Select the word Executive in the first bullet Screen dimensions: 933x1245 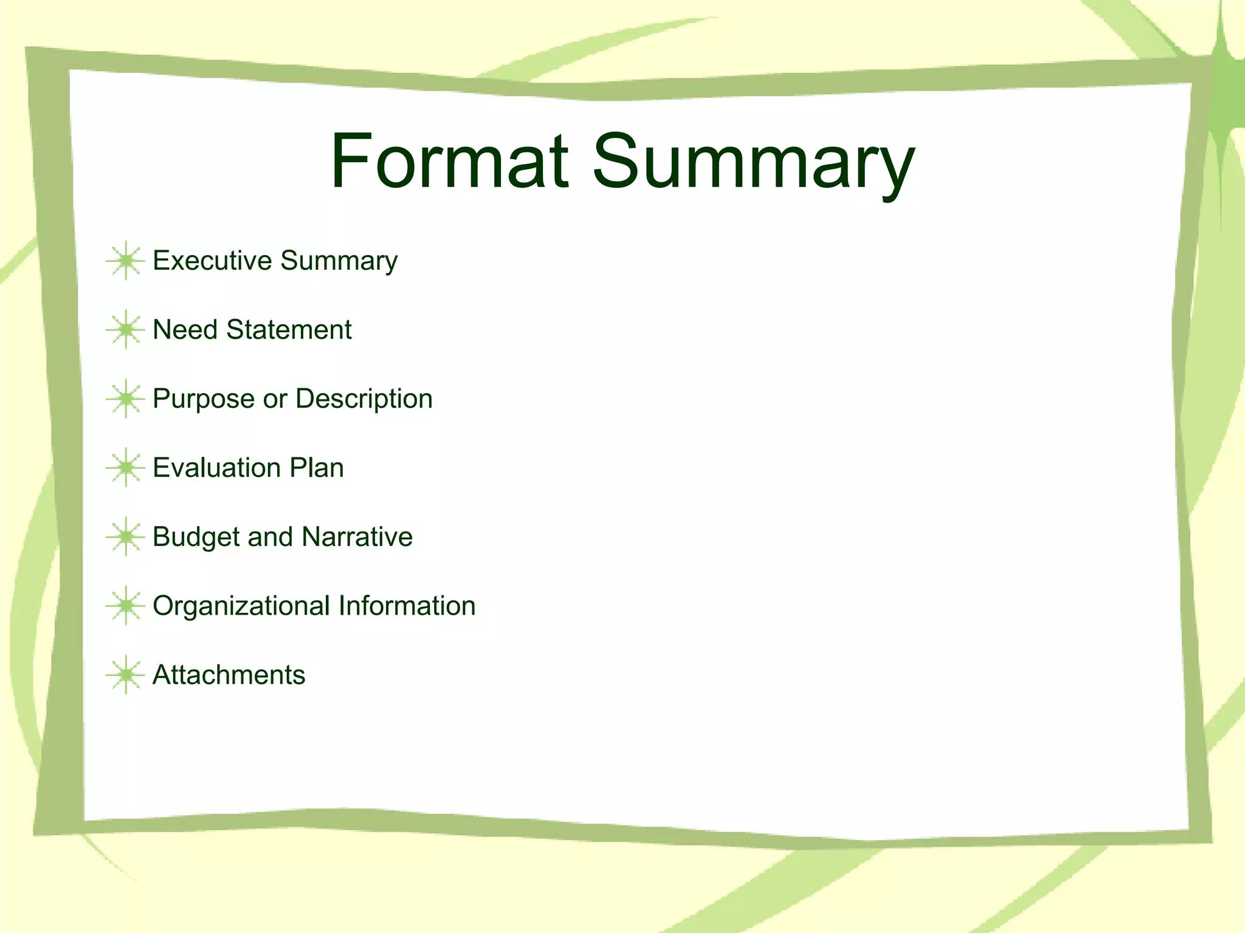pos(212,261)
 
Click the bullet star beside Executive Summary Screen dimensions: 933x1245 pos(126,261)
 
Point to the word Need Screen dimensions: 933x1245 pos(185,330)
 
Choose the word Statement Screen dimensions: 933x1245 pos(289,330)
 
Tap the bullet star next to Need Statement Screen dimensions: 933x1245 pos(126,330)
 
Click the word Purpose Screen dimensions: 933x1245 pos(204,400)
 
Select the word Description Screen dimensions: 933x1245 pos(364,400)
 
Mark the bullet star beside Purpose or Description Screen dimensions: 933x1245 pos(126,399)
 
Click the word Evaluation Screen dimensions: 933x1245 pos(216,468)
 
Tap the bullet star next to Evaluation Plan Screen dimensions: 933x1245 pos(126,468)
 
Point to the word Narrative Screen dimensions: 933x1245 pos(357,537)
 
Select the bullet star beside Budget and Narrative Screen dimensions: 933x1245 pos(126,537)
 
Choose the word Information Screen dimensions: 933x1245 pos(407,606)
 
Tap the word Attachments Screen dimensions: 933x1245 pos(229,675)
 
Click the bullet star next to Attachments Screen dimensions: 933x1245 pos(126,675)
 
